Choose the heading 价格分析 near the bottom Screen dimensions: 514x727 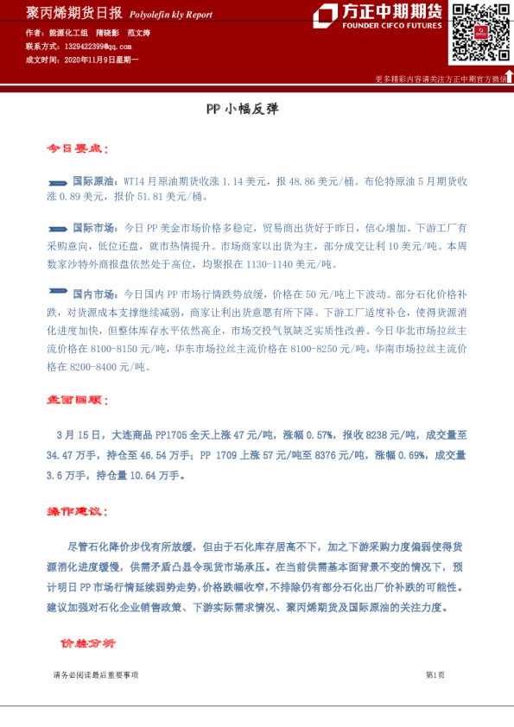tap(87, 644)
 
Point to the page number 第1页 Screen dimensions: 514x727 tap(435, 675)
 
